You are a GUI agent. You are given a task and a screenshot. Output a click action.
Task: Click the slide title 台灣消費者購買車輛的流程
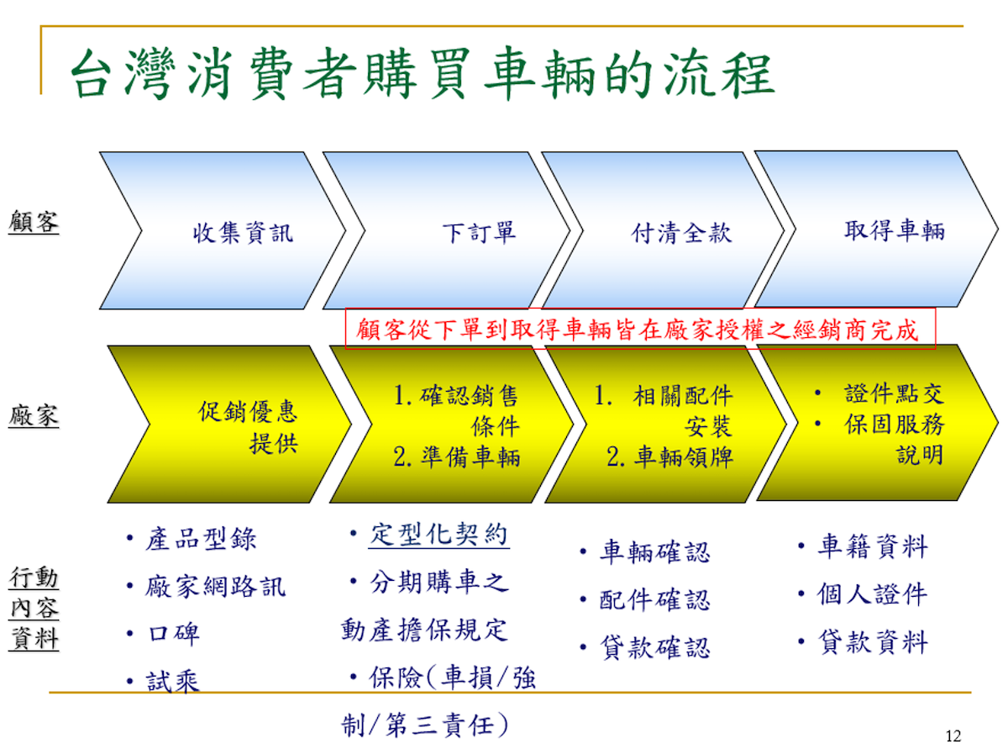423,74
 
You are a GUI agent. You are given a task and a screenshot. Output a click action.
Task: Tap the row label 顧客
34,222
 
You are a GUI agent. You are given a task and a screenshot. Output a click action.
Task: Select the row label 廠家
34,415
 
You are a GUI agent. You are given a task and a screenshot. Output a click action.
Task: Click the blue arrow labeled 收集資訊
223,230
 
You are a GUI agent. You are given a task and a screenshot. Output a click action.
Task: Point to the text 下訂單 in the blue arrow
479,232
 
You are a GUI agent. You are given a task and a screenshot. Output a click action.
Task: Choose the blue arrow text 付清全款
681,233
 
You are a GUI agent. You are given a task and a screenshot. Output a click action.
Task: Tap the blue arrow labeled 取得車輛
877,229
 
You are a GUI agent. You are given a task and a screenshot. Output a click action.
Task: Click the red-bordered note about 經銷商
640,329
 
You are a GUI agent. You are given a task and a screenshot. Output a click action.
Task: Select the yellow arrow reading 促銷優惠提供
229,425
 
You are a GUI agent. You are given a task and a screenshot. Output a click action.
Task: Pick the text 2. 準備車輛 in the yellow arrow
456,456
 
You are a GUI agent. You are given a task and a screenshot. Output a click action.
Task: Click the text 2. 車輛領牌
669,456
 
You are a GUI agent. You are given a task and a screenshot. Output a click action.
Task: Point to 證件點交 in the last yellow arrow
895,393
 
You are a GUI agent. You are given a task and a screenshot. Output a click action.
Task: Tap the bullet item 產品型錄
201,540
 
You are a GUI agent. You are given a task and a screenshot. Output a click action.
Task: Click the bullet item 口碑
174,634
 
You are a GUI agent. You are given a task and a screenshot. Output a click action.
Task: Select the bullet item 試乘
173,681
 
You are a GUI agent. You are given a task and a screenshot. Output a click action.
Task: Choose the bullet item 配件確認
654,600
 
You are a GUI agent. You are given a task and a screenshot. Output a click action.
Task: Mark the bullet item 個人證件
872,594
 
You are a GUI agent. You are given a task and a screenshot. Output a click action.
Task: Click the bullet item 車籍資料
873,546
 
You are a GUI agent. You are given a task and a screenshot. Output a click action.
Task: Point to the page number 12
953,736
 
